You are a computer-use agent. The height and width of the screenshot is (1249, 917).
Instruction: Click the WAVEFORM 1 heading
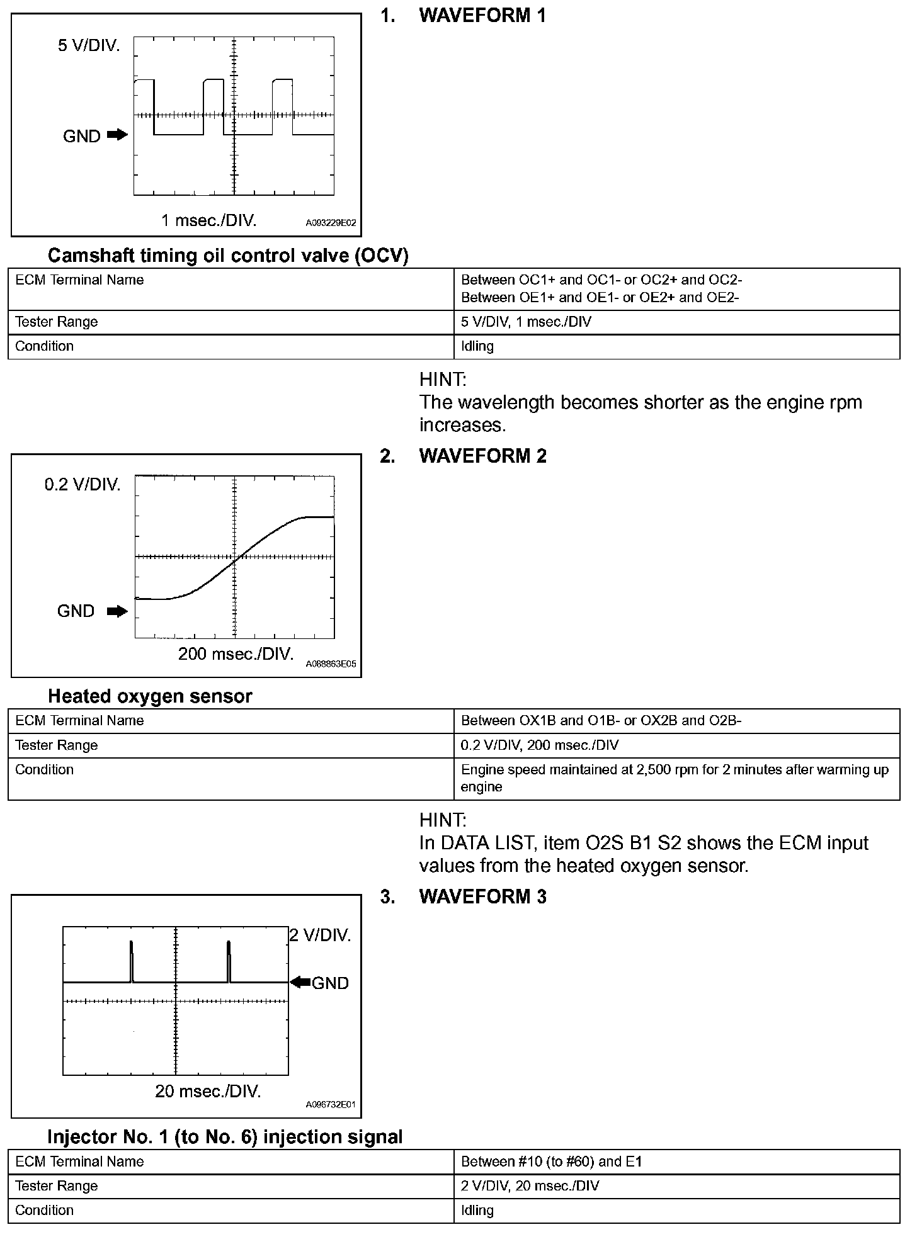482,16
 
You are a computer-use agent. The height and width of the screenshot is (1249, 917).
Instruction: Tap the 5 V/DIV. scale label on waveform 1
89,46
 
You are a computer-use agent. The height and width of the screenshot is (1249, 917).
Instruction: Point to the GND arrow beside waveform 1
117,135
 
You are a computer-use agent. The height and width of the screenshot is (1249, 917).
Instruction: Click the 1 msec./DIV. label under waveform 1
208,220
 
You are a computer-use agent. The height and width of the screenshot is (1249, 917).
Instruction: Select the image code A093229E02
331,223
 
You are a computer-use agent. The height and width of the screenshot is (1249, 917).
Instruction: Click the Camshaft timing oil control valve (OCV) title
228,255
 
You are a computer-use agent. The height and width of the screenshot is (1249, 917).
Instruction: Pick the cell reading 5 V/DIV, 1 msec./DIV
526,322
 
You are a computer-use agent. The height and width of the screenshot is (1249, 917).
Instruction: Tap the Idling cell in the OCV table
477,346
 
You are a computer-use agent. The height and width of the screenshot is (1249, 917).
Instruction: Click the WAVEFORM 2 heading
482,456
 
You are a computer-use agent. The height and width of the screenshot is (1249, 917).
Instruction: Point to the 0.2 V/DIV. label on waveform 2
82,485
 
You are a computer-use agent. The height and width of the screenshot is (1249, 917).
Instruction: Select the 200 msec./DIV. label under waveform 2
236,654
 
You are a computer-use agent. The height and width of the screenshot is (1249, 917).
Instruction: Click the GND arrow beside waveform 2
117,611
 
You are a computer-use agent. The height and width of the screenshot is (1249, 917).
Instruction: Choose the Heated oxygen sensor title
150,696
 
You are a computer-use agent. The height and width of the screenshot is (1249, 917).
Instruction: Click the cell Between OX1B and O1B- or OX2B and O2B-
601,721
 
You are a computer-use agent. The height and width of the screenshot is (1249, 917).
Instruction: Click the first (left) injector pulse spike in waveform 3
131,961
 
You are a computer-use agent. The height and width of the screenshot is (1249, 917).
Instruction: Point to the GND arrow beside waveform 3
301,982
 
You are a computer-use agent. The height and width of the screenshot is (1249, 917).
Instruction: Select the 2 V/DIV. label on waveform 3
320,935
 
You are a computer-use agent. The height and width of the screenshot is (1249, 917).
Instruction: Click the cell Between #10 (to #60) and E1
551,1161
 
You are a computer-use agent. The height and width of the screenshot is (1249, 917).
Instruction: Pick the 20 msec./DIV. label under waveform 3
208,1091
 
